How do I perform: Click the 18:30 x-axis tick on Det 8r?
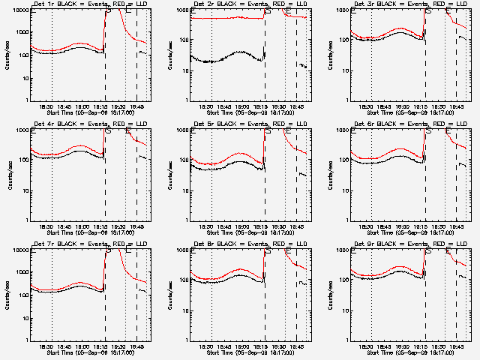(x=208, y=346)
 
